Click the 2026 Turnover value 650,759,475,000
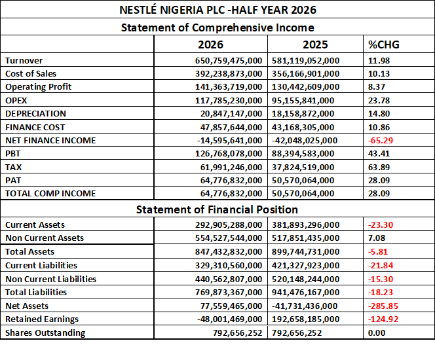[229, 60]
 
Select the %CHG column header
[384, 45]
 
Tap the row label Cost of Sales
[31, 73]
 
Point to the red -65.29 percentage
[381, 140]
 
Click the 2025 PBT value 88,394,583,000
[303, 154]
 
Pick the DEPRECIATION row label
[36, 114]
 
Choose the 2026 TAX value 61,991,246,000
[231, 167]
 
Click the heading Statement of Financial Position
[217, 209]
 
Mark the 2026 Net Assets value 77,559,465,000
[231, 306]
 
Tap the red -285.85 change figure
[383, 306]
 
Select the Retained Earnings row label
[42, 319]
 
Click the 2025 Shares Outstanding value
[297, 333]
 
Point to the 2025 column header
[315, 45]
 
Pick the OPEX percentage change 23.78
[379, 100]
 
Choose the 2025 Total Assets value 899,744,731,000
[305, 251]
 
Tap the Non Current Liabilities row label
[50, 279]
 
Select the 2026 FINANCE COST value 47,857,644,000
[231, 127]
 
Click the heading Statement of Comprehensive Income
[217, 27]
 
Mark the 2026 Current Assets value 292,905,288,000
[229, 225]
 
